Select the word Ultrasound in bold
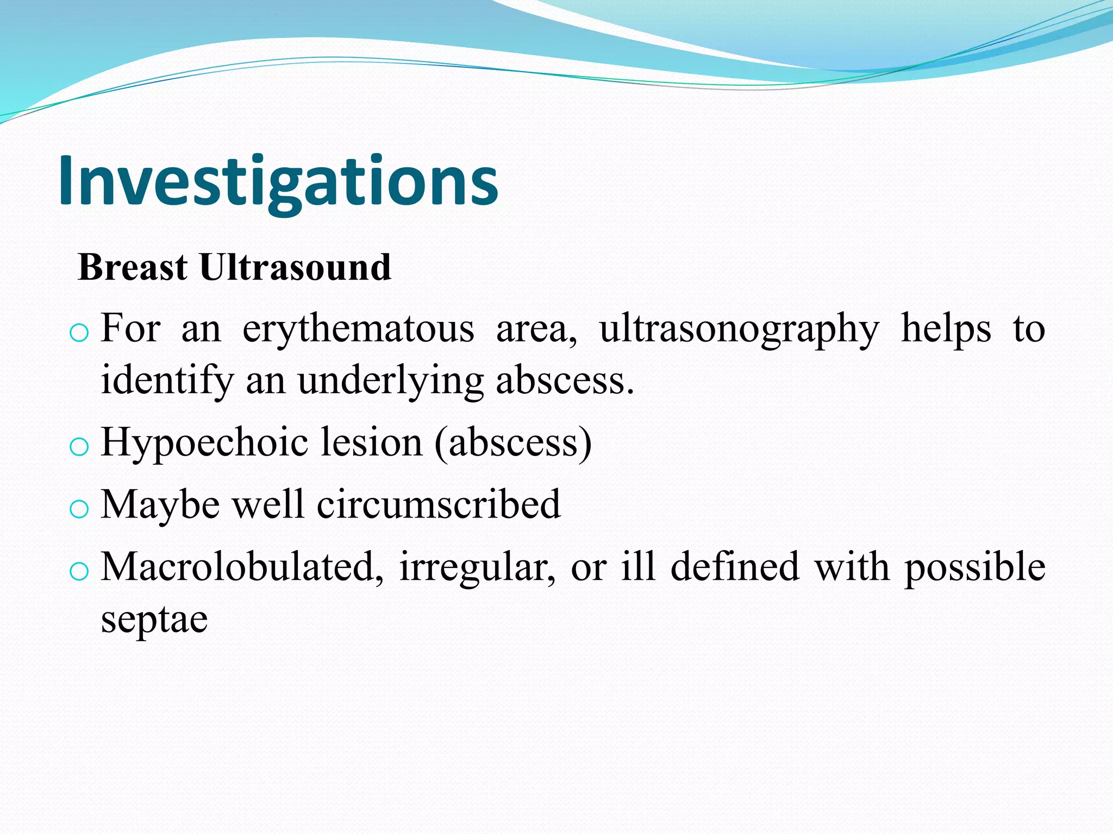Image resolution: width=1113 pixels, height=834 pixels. point(295,267)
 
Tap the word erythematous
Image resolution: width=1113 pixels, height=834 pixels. point(358,330)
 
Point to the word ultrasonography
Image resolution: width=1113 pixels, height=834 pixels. point(739,330)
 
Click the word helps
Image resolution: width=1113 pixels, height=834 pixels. point(946,328)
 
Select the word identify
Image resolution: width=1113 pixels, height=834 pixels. point(167,380)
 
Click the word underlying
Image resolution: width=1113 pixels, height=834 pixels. point(390,380)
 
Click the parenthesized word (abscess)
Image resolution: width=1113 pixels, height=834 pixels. point(512,443)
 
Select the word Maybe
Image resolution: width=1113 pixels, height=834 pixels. point(160,505)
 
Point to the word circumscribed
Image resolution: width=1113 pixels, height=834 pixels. point(438,504)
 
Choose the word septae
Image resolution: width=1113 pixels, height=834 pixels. point(154,620)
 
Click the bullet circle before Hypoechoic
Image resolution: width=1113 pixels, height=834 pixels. point(79,447)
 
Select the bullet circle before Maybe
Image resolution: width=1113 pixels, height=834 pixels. point(79,509)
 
